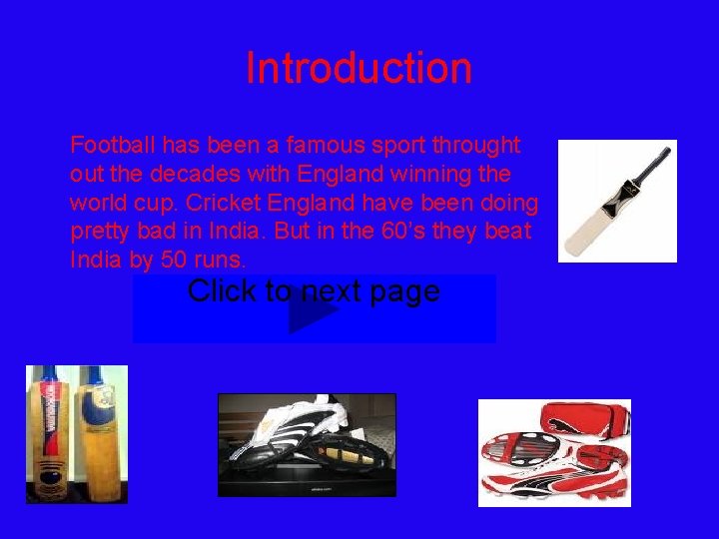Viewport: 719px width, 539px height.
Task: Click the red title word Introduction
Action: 359,69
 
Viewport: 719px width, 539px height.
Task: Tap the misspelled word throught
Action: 473,146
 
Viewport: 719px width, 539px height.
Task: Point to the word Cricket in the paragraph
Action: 225,204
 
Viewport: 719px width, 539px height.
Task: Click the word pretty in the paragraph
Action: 100,233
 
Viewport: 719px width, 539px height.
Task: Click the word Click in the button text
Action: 222,291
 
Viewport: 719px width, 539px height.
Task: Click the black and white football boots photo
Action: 307,444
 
